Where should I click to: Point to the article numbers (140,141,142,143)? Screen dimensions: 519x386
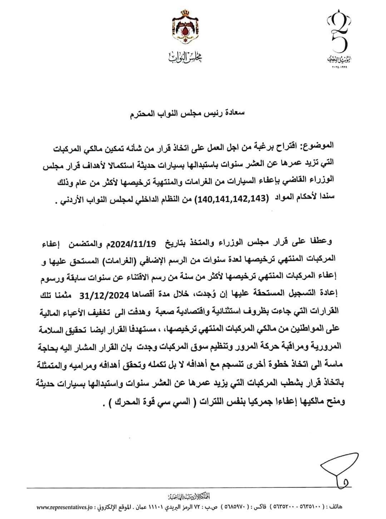coord(229,199)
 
